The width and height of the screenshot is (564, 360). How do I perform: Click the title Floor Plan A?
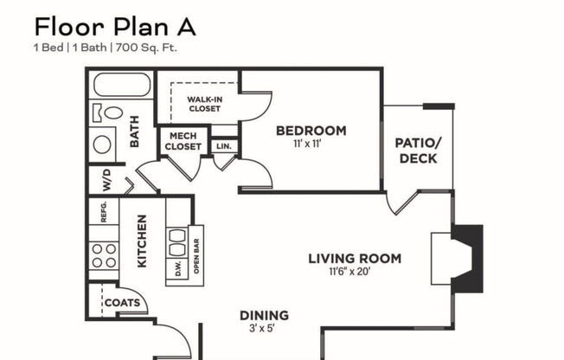[x=115, y=26]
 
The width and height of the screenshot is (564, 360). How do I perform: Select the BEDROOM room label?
[x=311, y=132]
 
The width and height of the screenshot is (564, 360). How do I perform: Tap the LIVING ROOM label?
[x=355, y=258]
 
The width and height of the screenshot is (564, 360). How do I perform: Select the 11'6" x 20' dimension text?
[x=355, y=272]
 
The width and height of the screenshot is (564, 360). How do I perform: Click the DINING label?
[x=264, y=315]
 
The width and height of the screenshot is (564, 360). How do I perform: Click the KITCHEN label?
[x=142, y=241]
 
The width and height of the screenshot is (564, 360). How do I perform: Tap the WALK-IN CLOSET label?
[x=204, y=104]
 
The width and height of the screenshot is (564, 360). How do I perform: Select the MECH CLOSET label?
[x=183, y=141]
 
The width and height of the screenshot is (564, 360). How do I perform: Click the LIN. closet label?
[x=224, y=146]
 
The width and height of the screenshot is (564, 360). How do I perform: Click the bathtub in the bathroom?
[x=121, y=85]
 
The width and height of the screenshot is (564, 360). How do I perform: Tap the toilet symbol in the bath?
[x=108, y=112]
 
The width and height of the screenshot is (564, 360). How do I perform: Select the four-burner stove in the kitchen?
[x=104, y=255]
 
